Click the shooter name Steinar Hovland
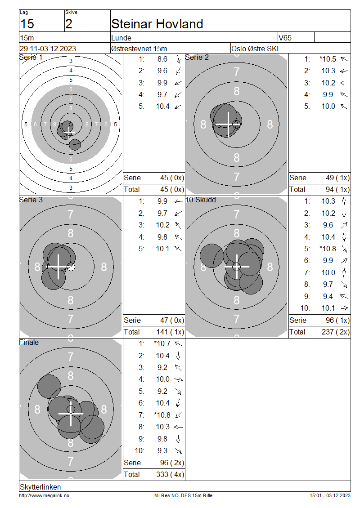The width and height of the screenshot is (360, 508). (x=157, y=24)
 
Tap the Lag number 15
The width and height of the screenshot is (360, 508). (x=27, y=24)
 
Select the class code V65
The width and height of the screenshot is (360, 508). (x=285, y=38)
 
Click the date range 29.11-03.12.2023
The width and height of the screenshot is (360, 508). (x=48, y=49)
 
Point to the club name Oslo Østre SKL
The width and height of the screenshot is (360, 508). (x=256, y=49)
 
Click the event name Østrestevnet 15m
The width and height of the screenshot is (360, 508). (x=139, y=49)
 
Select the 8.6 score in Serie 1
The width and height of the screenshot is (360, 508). (x=162, y=59)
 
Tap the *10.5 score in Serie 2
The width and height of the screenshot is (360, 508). (x=328, y=59)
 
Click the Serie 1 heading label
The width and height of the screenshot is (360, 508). (x=31, y=58)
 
